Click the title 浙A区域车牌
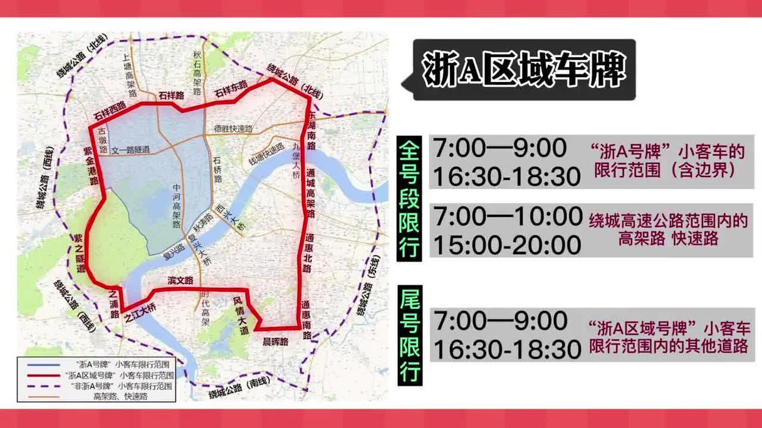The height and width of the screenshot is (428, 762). pos(524,69)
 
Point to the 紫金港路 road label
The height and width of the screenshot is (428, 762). pos(91,166)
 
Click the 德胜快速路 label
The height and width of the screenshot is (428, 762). pos(233,129)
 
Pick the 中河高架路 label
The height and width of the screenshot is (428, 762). pos(177,206)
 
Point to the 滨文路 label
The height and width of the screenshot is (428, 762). pos(180,282)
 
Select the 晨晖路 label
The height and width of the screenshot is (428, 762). pos(275,342)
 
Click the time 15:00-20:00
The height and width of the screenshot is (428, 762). pos(508,245)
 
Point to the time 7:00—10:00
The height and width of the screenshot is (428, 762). pos(508,217)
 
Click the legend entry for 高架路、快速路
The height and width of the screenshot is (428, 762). pos(120,396)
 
